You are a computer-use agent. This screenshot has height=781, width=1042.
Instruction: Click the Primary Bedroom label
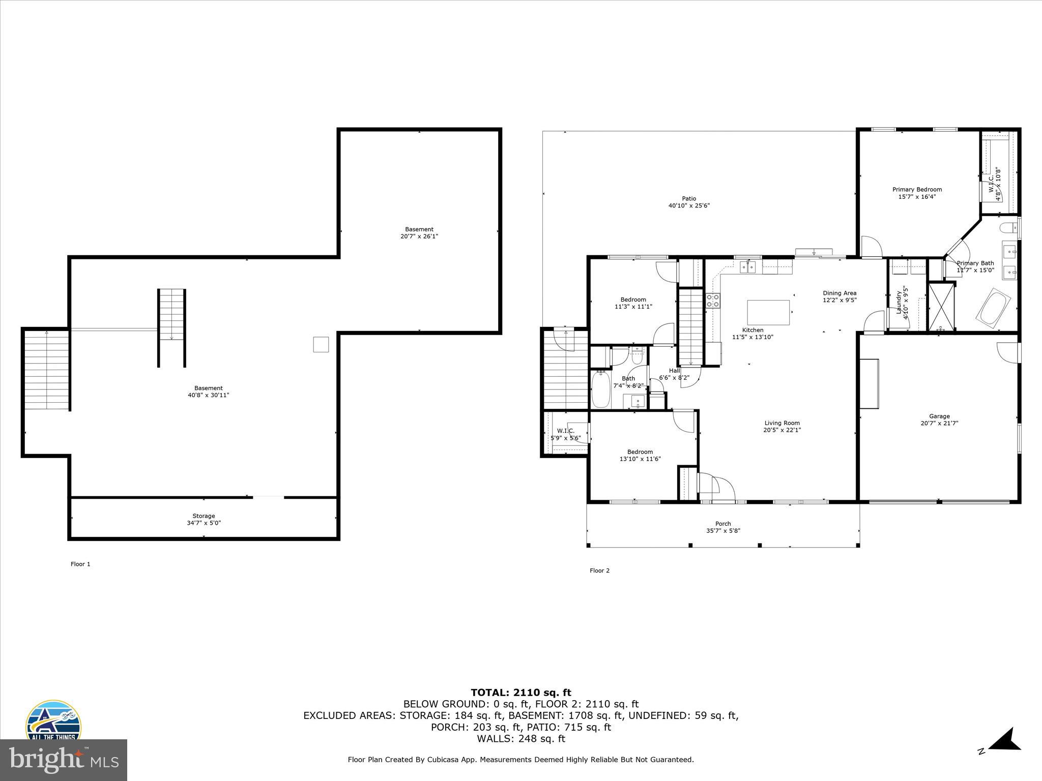click(917, 190)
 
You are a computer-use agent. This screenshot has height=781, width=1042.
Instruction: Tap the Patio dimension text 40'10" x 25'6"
click(689, 206)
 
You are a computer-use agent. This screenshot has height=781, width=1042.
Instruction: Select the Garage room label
click(939, 416)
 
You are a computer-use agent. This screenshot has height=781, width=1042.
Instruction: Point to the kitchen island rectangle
click(768, 312)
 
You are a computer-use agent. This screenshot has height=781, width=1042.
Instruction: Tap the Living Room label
click(782, 423)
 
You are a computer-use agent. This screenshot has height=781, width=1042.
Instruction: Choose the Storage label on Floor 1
click(204, 516)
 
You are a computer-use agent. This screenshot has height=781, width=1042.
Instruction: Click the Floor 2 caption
click(599, 570)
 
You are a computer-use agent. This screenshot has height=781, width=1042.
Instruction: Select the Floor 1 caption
click(80, 564)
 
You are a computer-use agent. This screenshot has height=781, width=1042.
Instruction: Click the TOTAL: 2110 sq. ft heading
click(520, 693)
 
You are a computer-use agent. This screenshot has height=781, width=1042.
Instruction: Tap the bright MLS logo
click(64, 760)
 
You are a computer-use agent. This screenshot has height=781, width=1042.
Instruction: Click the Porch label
click(723, 524)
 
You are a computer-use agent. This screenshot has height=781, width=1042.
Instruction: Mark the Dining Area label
click(840, 293)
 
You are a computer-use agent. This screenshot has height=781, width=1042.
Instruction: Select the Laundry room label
click(899, 302)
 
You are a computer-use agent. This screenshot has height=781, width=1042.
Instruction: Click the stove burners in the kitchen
click(713, 301)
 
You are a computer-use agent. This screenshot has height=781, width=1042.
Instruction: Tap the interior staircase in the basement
click(171, 327)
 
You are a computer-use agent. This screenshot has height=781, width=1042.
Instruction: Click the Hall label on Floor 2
click(674, 371)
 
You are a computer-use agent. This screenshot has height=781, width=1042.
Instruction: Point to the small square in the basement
click(321, 344)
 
